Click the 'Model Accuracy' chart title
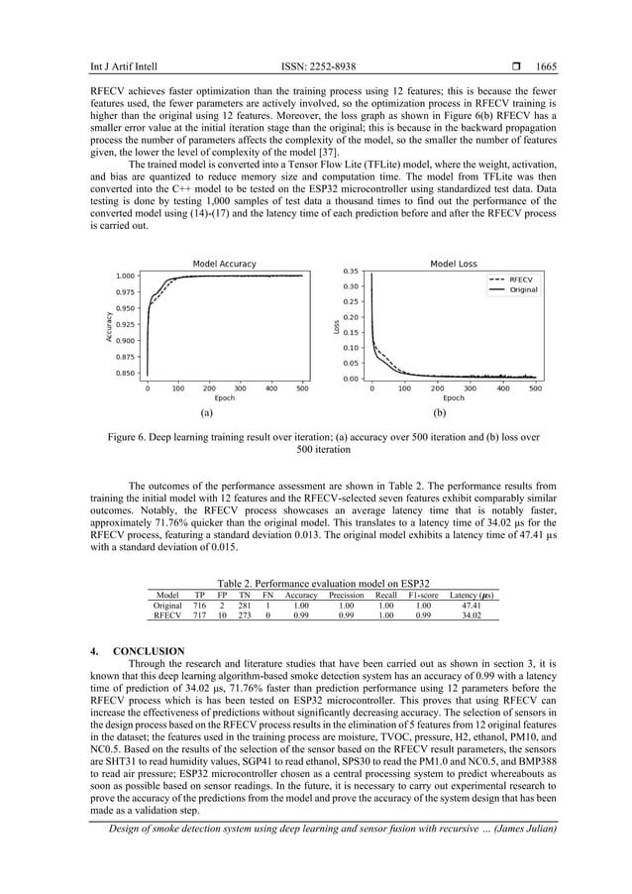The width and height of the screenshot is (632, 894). point(224,264)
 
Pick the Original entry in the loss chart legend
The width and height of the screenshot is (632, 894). point(524,290)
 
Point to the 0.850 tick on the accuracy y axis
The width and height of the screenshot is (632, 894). point(125,374)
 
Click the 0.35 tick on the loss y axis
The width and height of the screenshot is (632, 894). point(352,271)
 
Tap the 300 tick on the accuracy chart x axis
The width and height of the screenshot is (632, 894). point(240,389)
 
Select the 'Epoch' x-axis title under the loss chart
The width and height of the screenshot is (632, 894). point(454,398)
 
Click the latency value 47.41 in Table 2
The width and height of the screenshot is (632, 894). point(472,605)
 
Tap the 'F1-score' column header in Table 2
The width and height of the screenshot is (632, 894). point(424,595)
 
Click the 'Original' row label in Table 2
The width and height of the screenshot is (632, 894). point(167,605)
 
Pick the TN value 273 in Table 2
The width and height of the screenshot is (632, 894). point(245,615)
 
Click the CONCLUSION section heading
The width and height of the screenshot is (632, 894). point(149,651)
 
